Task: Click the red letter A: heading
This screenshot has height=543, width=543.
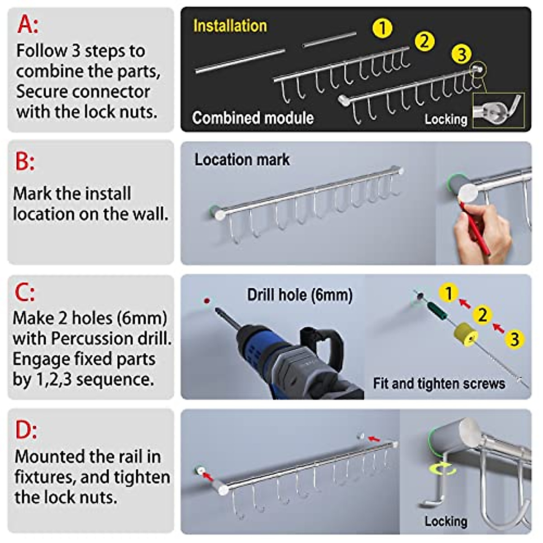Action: (x=28, y=24)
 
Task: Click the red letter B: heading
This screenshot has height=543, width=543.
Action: (x=24, y=161)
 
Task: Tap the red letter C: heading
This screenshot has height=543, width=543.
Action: (x=24, y=293)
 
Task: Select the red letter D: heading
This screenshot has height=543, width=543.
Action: (x=26, y=429)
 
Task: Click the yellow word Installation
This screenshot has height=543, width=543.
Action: (x=230, y=26)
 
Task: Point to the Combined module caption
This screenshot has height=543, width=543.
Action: (x=252, y=118)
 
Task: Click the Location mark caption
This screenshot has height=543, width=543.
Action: (x=242, y=160)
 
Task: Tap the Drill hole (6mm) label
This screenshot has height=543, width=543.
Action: (x=300, y=295)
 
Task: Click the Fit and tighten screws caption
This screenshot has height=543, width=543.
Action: (x=438, y=384)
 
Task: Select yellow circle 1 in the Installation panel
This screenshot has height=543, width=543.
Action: (x=382, y=28)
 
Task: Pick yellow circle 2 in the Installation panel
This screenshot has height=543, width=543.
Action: (x=424, y=41)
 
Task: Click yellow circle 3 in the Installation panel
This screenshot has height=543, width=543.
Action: (x=461, y=54)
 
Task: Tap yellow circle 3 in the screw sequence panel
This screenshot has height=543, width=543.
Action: (x=514, y=339)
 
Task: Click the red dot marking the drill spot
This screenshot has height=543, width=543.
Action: (x=207, y=300)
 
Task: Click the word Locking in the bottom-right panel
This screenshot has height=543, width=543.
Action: (x=445, y=521)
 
